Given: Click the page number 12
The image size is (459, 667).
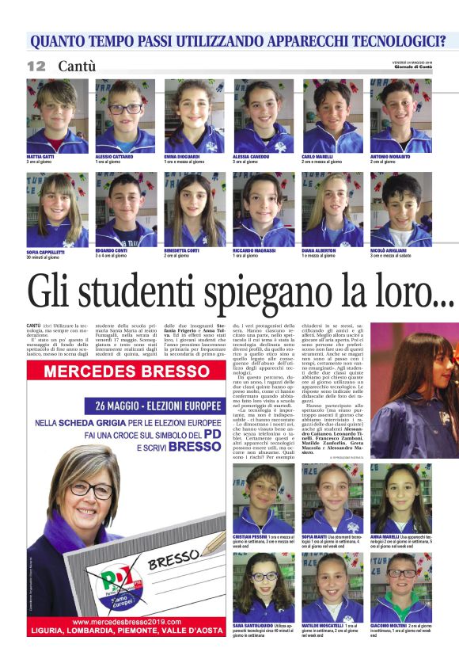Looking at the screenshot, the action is (x=36, y=67).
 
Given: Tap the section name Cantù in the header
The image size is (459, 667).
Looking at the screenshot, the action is (x=77, y=67).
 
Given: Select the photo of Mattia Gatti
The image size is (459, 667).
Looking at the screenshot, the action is (x=57, y=116).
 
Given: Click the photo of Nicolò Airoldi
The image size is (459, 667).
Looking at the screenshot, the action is (x=400, y=209).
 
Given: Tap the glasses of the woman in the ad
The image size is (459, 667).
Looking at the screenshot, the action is (x=89, y=489).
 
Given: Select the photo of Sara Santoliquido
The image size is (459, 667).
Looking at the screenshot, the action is (x=263, y=586).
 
